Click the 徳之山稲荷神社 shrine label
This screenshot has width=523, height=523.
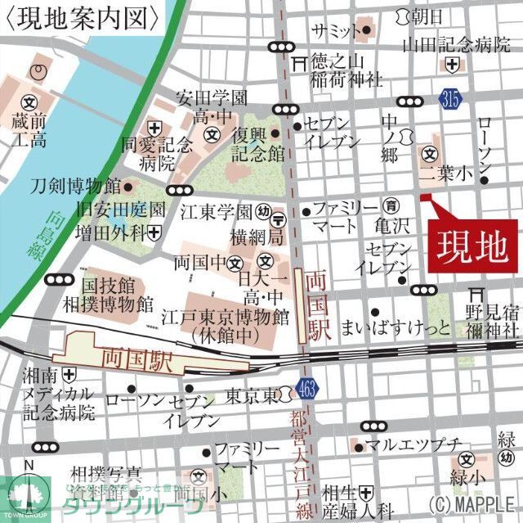point(346,70)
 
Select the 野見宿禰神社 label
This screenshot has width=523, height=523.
point(492,320)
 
